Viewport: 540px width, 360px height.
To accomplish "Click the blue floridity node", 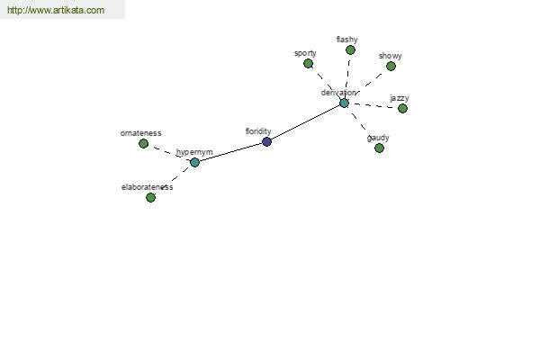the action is (267, 141).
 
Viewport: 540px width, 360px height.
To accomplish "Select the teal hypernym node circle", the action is (194, 162).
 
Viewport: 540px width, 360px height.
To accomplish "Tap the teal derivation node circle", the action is (344, 103).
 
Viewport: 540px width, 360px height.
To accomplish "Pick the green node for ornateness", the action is (144, 144).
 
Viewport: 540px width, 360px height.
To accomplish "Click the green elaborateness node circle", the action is (150, 197).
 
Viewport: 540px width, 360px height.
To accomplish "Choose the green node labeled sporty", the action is (308, 63).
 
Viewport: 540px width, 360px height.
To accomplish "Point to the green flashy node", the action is (350, 50).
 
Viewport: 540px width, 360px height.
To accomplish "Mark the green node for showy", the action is (391, 66).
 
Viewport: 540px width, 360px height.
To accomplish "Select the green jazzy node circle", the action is (402, 109).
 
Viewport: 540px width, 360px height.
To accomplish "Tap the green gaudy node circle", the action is (379, 148).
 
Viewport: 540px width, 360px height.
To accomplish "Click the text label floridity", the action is (258, 131).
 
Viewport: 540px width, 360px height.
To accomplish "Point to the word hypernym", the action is (194, 152).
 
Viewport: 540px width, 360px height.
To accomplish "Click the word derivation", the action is (338, 93).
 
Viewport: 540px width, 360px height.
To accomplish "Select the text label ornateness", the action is (141, 133).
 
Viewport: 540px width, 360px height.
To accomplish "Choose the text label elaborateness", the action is (147, 187).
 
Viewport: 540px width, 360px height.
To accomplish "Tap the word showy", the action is (391, 56).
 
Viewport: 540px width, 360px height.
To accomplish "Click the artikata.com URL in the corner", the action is (56, 10).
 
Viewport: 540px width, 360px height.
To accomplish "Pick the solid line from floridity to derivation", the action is (305, 122).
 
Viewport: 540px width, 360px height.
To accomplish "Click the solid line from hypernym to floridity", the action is (230, 152).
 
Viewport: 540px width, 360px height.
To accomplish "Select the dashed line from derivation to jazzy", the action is (373, 106).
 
